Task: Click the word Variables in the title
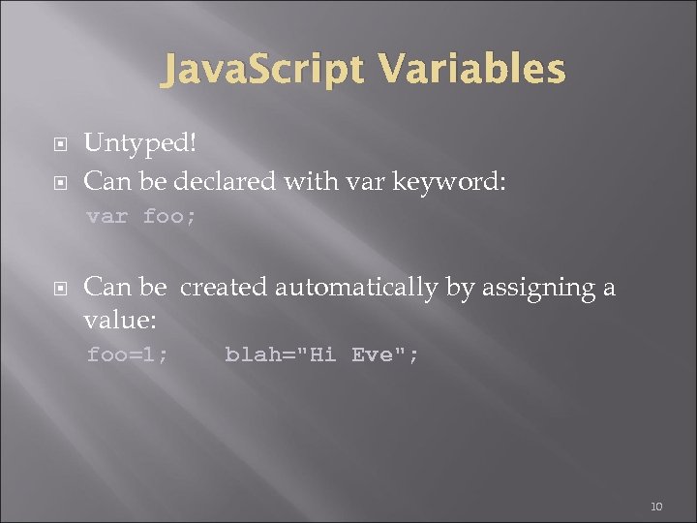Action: point(473,70)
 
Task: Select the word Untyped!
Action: point(140,142)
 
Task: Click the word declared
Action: point(227,180)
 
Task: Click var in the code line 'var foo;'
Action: point(106,216)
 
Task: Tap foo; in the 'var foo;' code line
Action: point(169,216)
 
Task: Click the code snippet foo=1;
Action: point(127,354)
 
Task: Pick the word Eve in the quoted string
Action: point(372,354)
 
